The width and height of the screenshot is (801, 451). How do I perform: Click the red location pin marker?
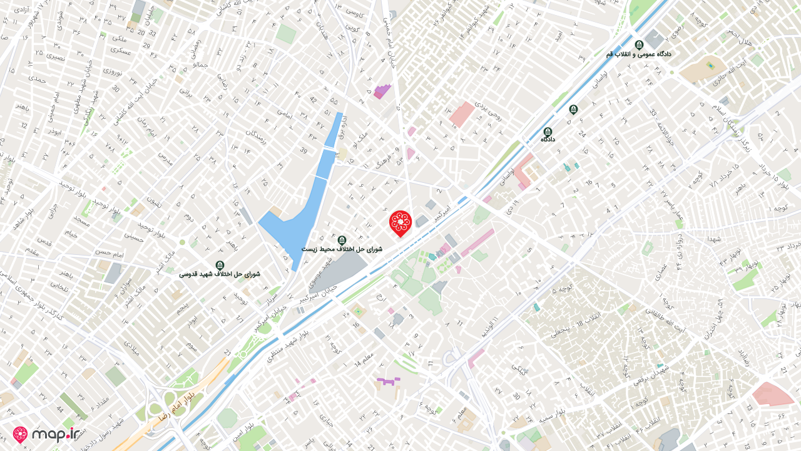(400, 222)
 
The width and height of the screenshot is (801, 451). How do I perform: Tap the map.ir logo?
(49, 435)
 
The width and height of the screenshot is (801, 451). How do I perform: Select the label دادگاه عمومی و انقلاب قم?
(638, 54)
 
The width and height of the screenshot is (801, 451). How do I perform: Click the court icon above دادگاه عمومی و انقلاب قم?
(639, 44)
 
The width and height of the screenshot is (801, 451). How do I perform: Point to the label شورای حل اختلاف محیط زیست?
(342, 249)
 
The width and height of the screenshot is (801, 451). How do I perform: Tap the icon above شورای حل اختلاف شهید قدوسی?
(219, 265)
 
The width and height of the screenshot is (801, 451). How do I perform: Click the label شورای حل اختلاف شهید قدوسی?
(219, 274)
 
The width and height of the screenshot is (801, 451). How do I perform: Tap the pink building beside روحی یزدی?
(462, 114)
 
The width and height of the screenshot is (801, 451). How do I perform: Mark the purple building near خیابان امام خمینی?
(382, 91)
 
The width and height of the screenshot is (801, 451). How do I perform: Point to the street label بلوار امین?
(240, 435)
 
